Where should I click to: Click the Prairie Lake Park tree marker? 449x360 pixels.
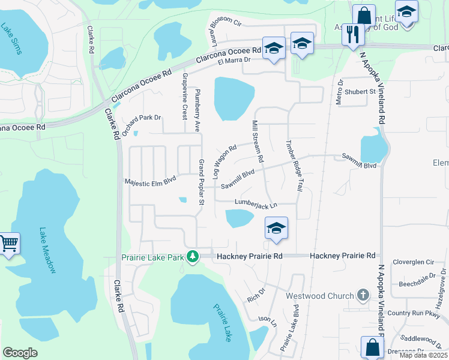(192, 257)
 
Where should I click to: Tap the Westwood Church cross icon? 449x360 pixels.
(363, 295)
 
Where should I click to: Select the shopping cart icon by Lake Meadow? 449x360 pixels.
(9, 244)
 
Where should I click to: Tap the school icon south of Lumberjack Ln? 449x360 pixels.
(276, 228)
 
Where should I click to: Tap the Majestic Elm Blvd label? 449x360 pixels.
(150, 181)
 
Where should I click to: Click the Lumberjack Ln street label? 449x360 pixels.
(256, 205)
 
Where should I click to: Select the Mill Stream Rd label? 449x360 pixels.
(258, 141)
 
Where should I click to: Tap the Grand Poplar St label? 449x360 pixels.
(202, 181)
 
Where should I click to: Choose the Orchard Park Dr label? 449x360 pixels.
(142, 118)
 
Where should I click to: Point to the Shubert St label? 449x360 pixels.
(360, 92)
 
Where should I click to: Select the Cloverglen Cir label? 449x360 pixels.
(413, 262)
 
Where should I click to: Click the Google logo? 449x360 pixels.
(20, 352)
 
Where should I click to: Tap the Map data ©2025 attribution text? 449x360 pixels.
(424, 356)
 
